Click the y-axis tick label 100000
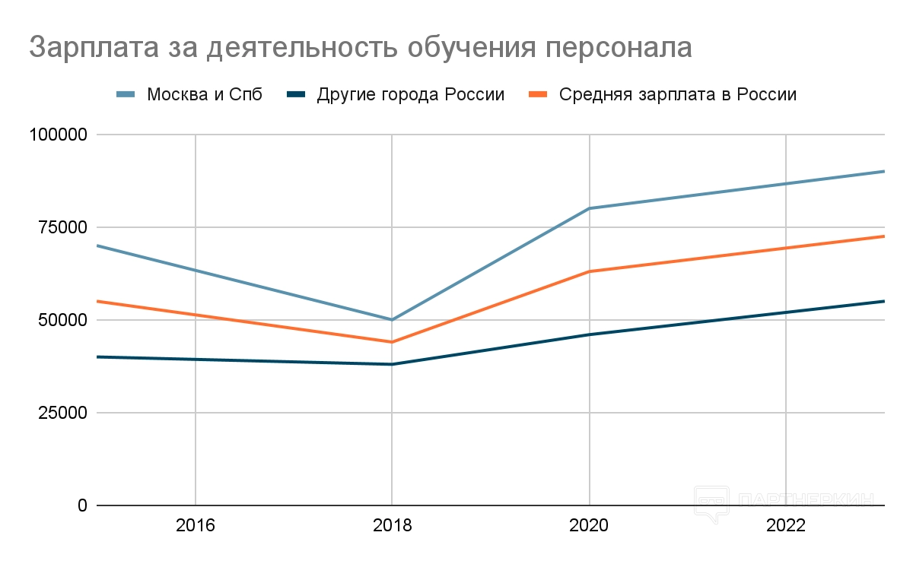[59, 135]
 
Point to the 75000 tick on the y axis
[63, 228]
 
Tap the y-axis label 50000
[63, 321]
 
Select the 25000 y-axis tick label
[63, 413]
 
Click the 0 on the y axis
[82, 506]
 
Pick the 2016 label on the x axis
[196, 526]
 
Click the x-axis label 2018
[392, 526]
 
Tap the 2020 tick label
[589, 526]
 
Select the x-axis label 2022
[785, 526]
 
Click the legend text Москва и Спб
[204, 95]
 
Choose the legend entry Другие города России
[411, 95]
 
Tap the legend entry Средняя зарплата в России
[677, 95]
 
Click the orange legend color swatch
[538, 95]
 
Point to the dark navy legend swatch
[297, 95]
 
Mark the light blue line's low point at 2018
[392, 320]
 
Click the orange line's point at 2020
[589, 271]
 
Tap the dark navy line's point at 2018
[392, 364]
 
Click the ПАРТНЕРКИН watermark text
[806, 500]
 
